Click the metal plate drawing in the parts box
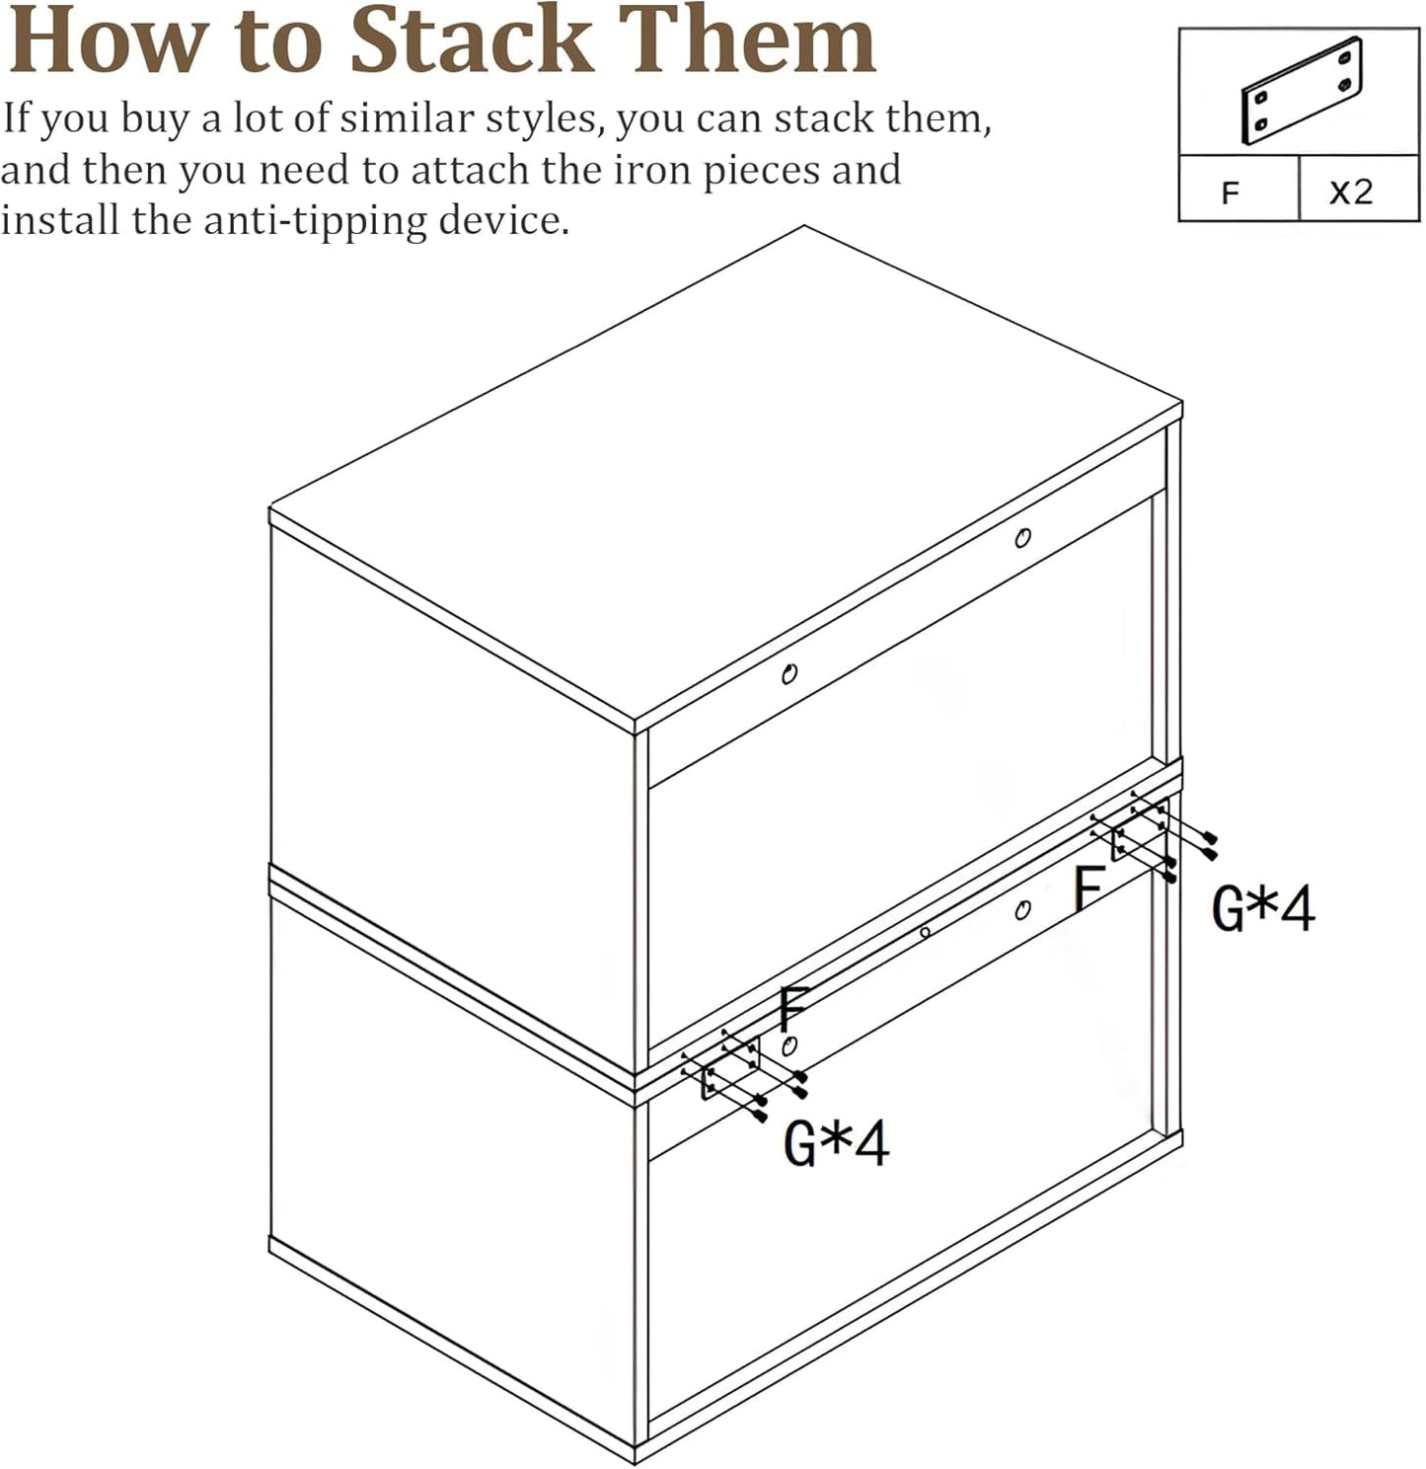1302,91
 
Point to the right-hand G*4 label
1262,909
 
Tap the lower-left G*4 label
836,1143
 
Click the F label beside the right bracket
1088,888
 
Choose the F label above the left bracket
793,1008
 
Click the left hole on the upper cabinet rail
788,674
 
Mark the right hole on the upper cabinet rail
1023,538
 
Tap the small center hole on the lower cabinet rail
925,932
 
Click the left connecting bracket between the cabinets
729,1071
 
